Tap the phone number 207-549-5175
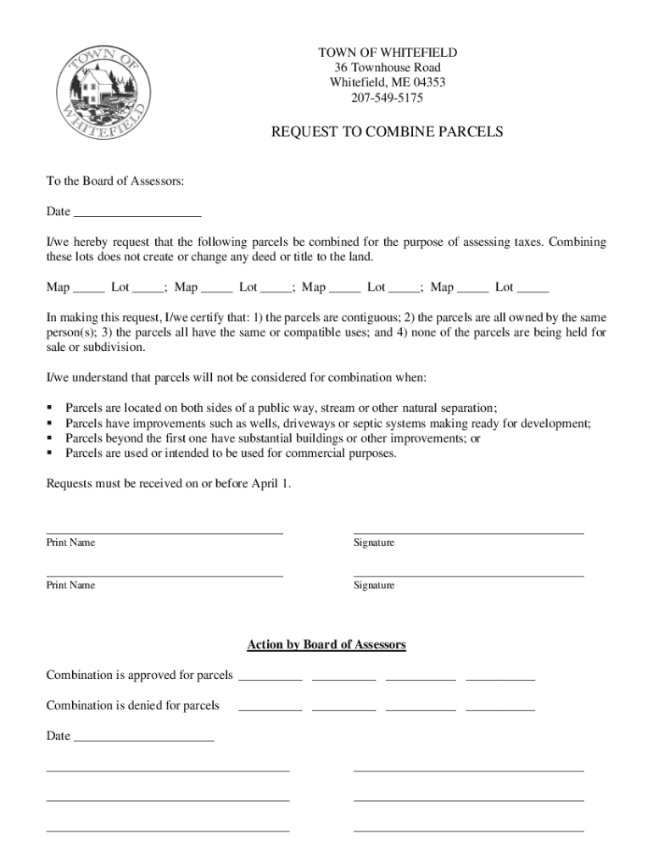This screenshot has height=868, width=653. coord(387,98)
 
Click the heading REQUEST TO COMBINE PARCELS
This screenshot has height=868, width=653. coord(387,132)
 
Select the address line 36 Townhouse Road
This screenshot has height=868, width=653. coord(387,68)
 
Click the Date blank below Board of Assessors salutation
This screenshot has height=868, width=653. coord(137,212)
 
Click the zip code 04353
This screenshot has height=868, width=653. coord(428,83)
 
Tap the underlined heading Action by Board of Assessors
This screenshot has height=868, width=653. coord(326,645)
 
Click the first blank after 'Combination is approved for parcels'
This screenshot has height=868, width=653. coord(271,676)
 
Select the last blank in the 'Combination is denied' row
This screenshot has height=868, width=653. coord(500,706)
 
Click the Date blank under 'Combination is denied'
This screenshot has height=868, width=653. coord(144,737)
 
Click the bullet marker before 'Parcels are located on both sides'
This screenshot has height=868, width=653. coord(50,408)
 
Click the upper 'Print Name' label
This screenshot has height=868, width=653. coord(70,542)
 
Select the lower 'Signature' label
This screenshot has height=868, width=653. coord(374,586)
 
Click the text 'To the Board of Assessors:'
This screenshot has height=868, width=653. coord(114,181)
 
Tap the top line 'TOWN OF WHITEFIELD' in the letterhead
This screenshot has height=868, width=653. coord(387,53)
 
